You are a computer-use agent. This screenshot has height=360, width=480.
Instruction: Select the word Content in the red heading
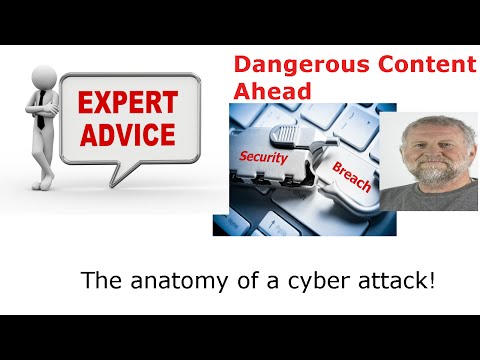(418, 67)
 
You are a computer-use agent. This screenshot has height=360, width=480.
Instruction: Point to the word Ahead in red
(271, 90)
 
